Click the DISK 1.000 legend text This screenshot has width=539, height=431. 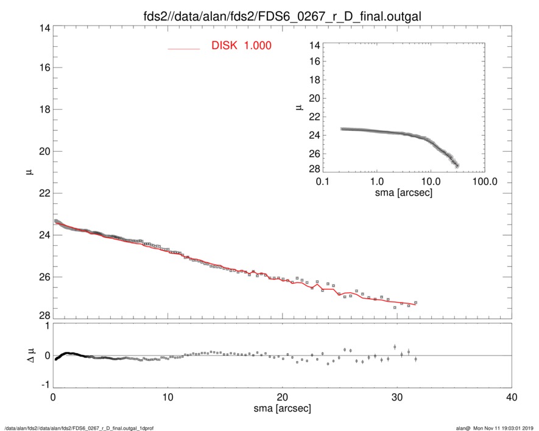241,46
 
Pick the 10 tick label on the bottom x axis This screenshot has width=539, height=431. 167,398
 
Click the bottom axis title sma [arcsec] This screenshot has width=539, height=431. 282,408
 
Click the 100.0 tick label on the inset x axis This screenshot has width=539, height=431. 485,182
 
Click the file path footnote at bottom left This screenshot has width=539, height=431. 79,428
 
